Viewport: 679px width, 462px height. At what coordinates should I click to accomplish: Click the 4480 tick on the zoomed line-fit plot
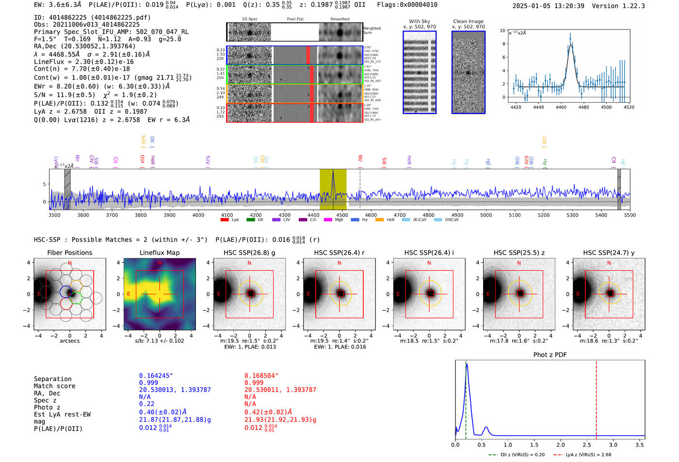pyautogui.click(x=583, y=107)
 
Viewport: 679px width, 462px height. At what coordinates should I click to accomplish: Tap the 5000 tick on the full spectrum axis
pyautogui.click(x=486, y=215)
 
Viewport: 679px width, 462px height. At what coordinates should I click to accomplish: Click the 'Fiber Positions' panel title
pyautogui.click(x=69, y=253)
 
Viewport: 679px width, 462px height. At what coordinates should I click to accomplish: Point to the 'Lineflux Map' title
pyautogui.click(x=159, y=253)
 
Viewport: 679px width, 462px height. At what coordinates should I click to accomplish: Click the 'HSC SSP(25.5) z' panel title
pyautogui.click(x=519, y=253)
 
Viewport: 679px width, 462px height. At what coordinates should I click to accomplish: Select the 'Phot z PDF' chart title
pyautogui.click(x=550, y=355)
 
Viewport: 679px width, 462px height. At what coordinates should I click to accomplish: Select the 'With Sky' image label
pyautogui.click(x=419, y=21)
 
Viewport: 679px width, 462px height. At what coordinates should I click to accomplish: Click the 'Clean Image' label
pyautogui.click(x=468, y=21)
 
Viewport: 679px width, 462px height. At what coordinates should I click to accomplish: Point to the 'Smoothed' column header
pyautogui.click(x=339, y=19)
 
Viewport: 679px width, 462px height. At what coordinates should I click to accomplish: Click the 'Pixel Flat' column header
pyautogui.click(x=295, y=19)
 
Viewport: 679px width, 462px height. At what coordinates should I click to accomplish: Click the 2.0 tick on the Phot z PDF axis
pyautogui.click(x=560, y=445)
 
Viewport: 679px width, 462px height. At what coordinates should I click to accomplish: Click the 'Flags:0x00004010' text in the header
pyautogui.click(x=407, y=5)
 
